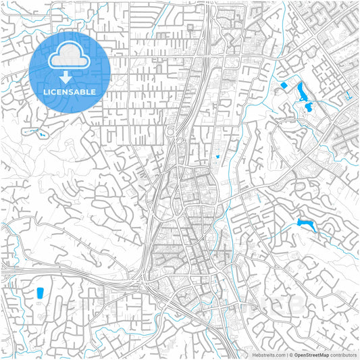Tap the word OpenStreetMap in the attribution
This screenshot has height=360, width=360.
coord(312,354)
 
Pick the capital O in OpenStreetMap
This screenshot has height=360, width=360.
coord(296,354)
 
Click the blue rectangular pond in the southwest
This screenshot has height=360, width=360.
coord(39,293)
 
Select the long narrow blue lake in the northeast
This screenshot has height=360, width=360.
coord(302,90)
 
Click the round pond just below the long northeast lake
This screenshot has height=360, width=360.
coord(308,107)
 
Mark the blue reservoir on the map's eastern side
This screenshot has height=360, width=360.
coord(305,224)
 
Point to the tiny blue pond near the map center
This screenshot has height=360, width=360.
coord(218,157)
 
